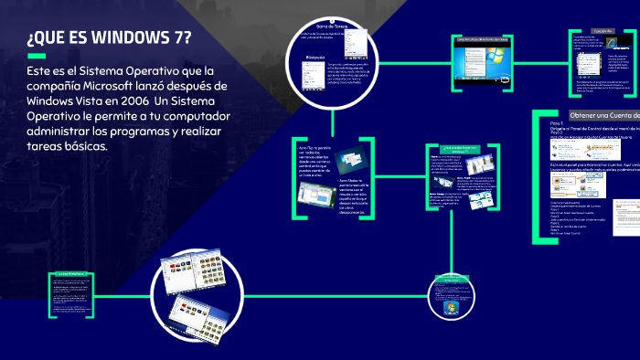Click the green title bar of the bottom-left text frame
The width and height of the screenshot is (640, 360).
pos(69,273)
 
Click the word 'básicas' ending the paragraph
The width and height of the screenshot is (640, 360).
pos(87,147)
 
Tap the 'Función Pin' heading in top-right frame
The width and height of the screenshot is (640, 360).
pos(601,31)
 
